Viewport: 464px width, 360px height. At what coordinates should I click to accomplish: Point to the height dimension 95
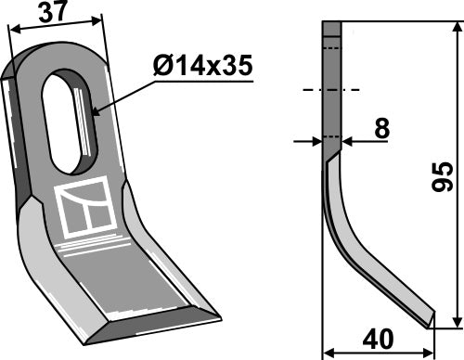[x=443, y=176]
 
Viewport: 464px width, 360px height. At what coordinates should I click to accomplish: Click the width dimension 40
[x=378, y=339]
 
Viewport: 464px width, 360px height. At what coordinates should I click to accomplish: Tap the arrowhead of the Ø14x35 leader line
[x=94, y=115]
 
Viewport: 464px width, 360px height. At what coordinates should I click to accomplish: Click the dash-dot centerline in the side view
[x=330, y=91]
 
